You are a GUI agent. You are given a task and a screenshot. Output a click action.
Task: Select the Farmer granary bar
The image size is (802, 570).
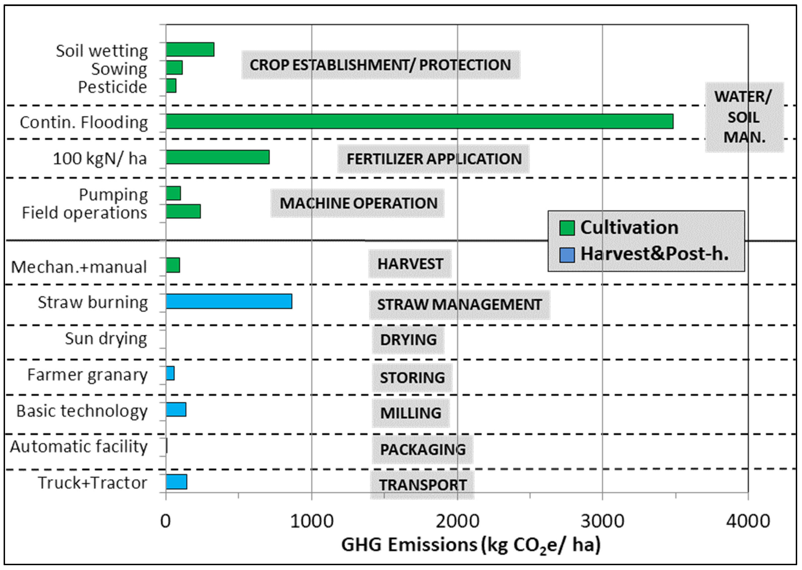(170, 374)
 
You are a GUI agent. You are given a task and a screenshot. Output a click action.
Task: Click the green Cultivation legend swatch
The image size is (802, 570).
(567, 228)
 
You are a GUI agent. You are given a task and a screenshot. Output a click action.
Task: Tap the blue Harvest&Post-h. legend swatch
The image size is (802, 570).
(567, 255)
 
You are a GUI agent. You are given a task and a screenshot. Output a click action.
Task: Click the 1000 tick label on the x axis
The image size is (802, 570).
(312, 521)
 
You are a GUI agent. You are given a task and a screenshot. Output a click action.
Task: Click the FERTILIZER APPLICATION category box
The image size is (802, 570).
(433, 159)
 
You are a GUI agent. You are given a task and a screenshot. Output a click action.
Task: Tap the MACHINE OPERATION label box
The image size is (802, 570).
(357, 203)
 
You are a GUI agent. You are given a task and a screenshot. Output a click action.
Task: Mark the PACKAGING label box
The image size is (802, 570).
(423, 450)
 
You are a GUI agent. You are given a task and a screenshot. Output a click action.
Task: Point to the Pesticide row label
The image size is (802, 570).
(112, 87)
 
